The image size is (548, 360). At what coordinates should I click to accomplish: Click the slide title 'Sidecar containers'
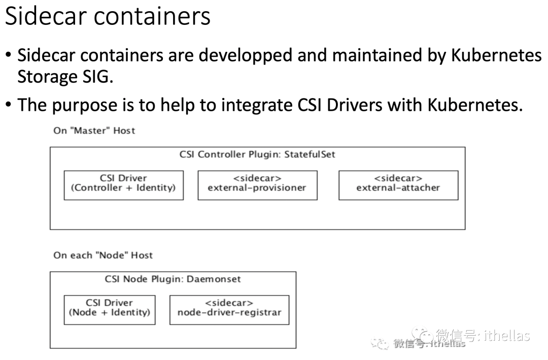108,16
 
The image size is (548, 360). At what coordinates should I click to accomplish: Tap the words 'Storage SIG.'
65,77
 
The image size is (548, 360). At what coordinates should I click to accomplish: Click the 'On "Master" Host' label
94,130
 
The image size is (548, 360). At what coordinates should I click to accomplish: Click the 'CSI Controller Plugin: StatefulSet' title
257,154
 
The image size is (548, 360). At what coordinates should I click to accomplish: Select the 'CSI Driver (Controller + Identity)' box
123,185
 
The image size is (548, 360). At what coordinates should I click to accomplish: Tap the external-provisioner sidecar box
257,185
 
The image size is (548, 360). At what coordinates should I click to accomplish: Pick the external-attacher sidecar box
398,185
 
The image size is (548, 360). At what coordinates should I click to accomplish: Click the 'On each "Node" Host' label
103,255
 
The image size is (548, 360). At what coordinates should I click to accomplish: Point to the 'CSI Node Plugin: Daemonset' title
173,279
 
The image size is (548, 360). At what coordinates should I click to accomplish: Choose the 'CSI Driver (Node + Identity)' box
110,310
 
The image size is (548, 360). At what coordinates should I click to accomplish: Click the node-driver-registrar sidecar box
229,310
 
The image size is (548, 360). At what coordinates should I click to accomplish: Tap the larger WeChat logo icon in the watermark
422,335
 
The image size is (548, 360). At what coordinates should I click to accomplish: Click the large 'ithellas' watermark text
507,335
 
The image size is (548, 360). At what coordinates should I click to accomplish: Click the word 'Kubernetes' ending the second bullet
475,105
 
